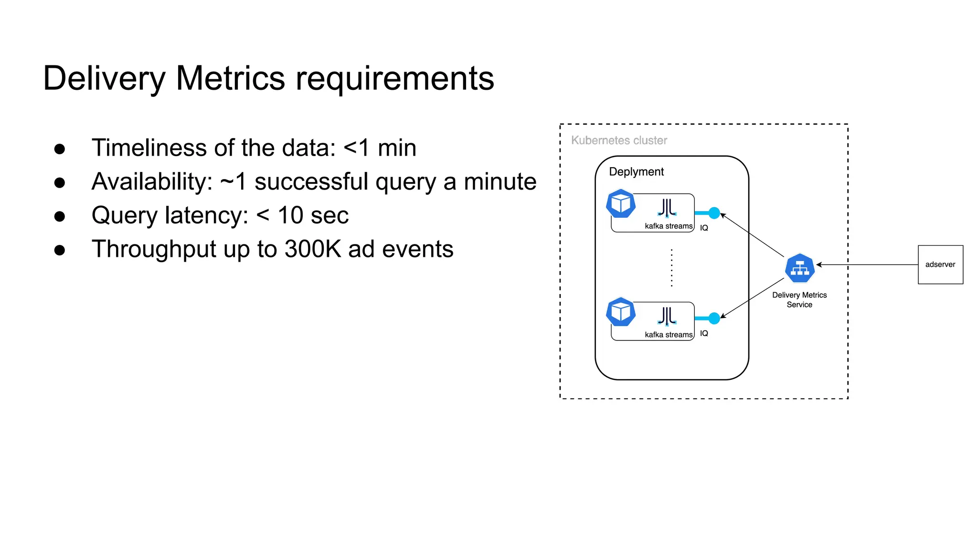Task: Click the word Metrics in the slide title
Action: pos(230,78)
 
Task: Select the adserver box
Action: pos(940,264)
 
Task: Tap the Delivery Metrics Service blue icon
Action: pos(799,268)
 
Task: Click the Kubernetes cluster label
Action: pos(619,140)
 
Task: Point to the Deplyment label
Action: pos(636,172)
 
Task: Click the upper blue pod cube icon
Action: pos(620,204)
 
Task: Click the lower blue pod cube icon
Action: pos(620,312)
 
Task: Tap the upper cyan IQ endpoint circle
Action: pos(714,213)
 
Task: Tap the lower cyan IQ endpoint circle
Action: pos(714,318)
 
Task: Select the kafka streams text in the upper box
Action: pos(668,226)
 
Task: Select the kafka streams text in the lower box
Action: pos(668,335)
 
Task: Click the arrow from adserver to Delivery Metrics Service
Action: pos(867,264)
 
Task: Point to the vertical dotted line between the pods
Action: pos(671,267)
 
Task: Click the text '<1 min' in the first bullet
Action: pos(380,148)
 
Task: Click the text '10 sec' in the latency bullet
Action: pos(313,215)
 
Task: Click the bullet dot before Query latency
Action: pos(60,216)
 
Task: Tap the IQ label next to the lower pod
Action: pos(704,333)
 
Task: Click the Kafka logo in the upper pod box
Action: pos(667,209)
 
